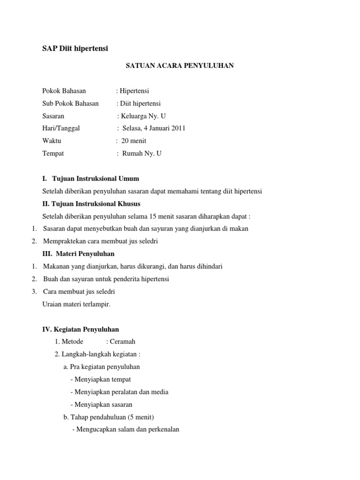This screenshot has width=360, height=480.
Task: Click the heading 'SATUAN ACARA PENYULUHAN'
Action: [180, 66]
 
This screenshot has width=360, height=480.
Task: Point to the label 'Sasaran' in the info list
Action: [53, 116]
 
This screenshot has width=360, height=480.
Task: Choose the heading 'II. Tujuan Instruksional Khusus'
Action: [91, 204]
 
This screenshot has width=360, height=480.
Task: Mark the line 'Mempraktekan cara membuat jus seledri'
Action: [101, 241]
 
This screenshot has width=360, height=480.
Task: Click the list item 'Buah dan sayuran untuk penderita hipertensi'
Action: [106, 279]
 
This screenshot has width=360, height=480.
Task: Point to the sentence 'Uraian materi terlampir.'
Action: [76, 304]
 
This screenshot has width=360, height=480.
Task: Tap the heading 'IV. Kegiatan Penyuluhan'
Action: [81, 330]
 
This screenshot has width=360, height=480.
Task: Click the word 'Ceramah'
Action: [122, 342]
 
